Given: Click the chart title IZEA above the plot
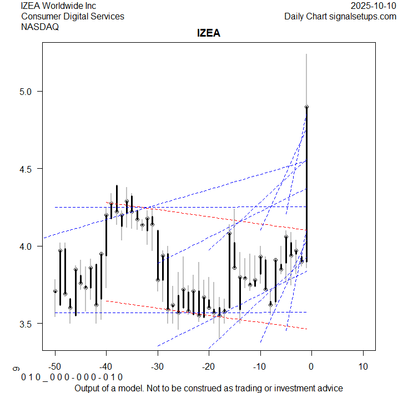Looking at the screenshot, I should point(209,33).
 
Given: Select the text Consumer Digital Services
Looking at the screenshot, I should point(72,16).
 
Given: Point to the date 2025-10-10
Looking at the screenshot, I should point(374,6).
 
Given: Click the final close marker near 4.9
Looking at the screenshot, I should point(306,107).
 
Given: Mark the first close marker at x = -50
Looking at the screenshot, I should point(55,291).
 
